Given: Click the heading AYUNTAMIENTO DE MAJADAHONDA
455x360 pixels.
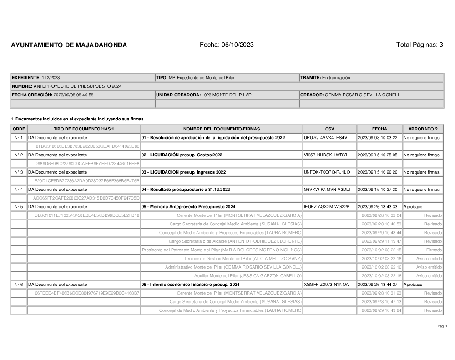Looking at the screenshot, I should tap(69, 45).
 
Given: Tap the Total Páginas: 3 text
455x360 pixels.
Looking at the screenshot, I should tap(420, 45).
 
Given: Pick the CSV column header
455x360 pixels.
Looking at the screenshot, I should tap(329, 129).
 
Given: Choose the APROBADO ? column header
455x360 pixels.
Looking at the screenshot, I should tap(423, 129).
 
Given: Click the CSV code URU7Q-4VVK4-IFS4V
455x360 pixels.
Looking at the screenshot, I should tap(325, 137).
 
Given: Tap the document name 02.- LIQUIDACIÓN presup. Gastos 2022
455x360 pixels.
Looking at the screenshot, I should tap(182, 155).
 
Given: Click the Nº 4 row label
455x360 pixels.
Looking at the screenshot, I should tap(19, 190).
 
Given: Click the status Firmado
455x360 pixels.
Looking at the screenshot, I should tap(434, 250).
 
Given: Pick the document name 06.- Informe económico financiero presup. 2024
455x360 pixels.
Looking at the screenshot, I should tap(190, 285).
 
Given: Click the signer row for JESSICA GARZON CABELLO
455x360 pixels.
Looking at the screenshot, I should tap(248, 276).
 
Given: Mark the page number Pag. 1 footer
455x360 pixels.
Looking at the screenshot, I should tap(442, 326).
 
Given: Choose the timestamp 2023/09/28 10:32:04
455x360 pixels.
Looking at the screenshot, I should tap(381, 215).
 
